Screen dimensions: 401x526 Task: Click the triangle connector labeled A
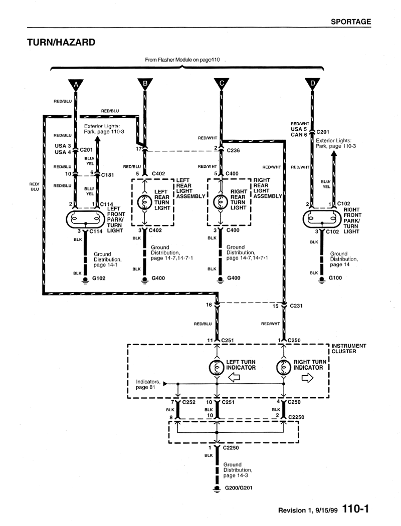[x=76, y=85]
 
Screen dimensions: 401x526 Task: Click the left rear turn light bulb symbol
[x=145, y=202]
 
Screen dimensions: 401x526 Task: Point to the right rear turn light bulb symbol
[x=221, y=202]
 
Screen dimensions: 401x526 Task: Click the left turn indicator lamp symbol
[x=217, y=368]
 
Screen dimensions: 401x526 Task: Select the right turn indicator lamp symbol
[x=284, y=368]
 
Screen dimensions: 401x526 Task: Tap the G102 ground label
[x=99, y=278]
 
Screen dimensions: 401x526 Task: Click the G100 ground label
[x=335, y=278]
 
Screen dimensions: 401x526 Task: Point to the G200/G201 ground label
[x=239, y=488]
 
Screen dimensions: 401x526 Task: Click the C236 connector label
[x=233, y=150]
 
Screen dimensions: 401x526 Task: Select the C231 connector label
[x=296, y=306]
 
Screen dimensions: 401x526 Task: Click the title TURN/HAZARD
[x=61, y=42]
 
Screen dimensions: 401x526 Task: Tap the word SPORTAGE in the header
[x=351, y=22]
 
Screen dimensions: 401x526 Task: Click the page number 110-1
[x=356, y=509]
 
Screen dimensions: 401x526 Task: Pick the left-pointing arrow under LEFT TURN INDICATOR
[x=234, y=378]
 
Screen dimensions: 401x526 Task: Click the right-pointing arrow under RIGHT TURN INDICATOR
[x=307, y=378]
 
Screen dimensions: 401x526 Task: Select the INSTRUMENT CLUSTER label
[x=349, y=349]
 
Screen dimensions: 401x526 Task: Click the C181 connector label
[x=107, y=175]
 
